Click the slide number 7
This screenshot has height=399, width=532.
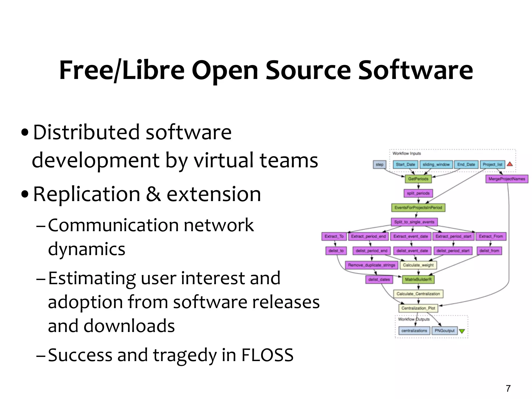point(508,388)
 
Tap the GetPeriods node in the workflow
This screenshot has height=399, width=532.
point(418,179)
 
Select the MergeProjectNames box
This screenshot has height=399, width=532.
point(507,179)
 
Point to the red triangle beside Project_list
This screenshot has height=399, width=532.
point(510,164)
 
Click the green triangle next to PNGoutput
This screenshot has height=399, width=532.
point(462,331)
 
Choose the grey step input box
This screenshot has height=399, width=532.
point(379,164)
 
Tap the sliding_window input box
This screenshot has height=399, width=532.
point(436,164)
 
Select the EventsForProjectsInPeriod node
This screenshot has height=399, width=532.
point(418,208)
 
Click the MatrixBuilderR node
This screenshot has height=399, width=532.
point(418,280)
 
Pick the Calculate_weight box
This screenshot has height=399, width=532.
point(418,265)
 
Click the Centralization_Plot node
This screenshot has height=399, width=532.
point(418,308)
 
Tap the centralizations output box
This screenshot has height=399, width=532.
point(414,331)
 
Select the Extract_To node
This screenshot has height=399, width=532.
point(334,236)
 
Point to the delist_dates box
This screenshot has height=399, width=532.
point(379,280)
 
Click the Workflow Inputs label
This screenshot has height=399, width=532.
point(407,154)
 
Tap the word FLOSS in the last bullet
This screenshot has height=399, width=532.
point(267,355)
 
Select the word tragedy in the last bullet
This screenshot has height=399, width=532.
point(185,355)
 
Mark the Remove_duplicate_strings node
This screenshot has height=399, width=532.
point(371,265)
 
